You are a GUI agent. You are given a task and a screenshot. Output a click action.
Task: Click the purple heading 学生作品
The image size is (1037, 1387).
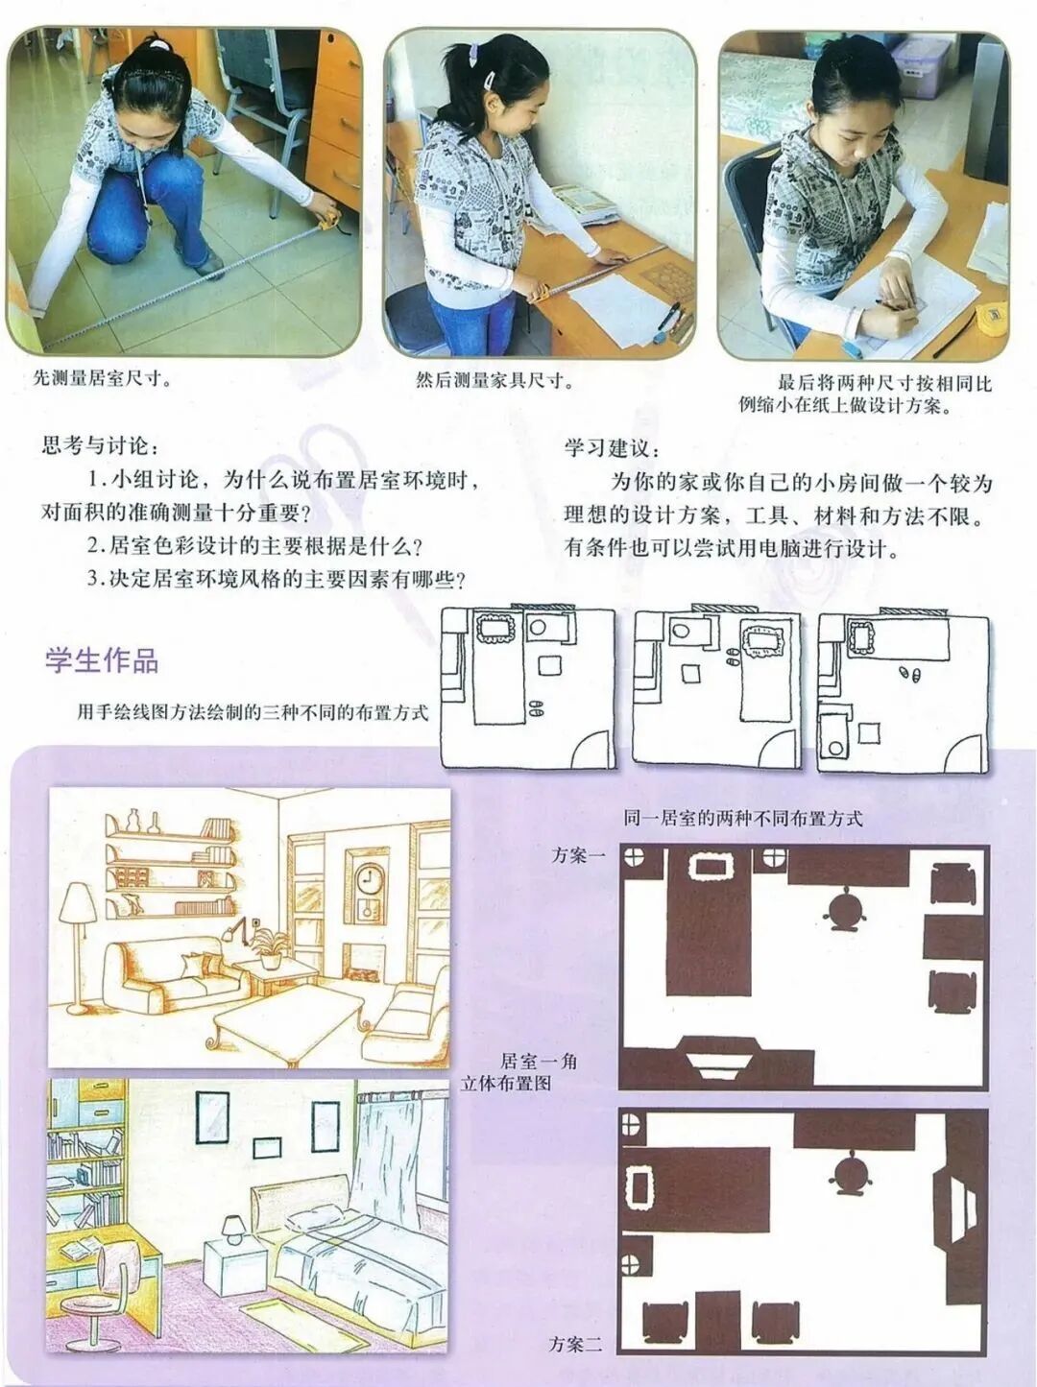[102, 660]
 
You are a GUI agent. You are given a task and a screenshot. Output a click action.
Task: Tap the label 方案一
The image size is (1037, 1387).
[578, 855]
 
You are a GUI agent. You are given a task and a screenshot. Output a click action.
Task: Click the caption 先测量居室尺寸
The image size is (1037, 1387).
[102, 378]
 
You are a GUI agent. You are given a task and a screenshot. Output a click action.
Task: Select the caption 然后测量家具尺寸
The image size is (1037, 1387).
[494, 380]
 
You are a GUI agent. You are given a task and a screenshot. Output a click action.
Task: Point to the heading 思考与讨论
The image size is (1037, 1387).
[101, 445]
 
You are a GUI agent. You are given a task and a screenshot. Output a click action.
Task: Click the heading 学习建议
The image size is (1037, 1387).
[613, 448]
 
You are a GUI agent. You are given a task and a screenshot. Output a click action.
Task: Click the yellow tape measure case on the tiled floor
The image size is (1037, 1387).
[329, 219]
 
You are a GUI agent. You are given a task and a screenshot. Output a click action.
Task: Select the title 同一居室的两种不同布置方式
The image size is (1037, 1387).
[742, 819]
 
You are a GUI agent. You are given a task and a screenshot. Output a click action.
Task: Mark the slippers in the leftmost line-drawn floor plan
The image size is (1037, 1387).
[536, 707]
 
